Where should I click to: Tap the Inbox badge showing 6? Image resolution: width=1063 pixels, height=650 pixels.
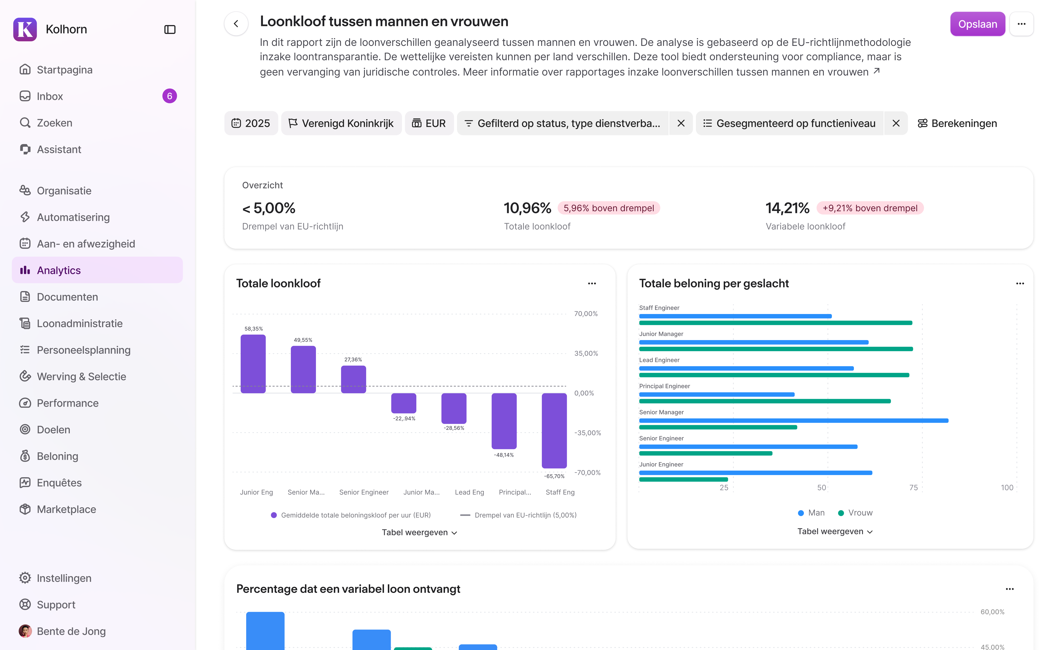coord(169,96)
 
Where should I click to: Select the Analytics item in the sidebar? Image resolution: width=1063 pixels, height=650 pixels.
coord(59,271)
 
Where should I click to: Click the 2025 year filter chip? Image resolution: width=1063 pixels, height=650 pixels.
coord(251,123)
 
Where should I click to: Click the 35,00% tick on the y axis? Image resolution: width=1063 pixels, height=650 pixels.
coord(586,353)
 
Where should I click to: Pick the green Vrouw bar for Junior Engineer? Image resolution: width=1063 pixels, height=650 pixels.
coord(683,479)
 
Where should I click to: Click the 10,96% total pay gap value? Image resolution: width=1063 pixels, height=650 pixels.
coord(527,208)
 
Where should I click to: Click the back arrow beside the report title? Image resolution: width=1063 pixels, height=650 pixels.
coord(236,24)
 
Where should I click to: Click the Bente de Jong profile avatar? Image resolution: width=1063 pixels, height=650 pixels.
coord(25,631)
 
